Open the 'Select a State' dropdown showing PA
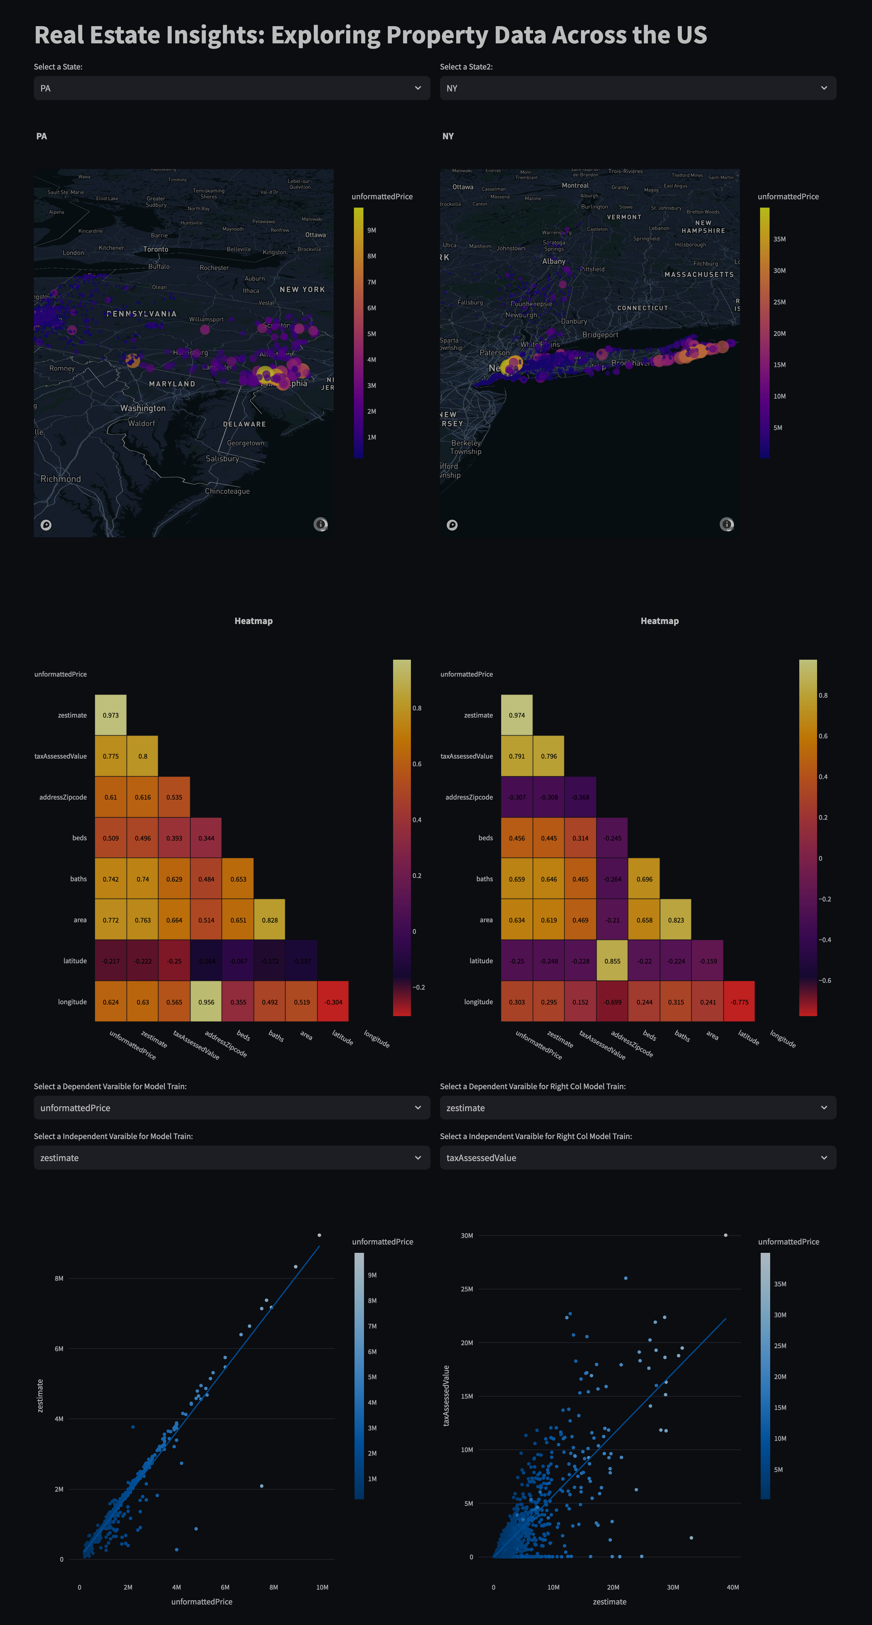[231, 88]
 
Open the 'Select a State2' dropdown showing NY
[637, 88]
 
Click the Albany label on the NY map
[554, 261]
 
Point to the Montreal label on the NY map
[575, 185]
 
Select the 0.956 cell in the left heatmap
[206, 1002]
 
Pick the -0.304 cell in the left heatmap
[333, 1002]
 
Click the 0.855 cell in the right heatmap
[612, 961]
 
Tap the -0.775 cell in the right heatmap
[739, 1002]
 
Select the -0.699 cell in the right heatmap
[612, 1002]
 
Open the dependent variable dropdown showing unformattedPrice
[231, 1108]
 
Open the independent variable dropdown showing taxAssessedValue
[637, 1157]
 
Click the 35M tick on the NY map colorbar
[779, 239]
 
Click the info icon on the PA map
[320, 524]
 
